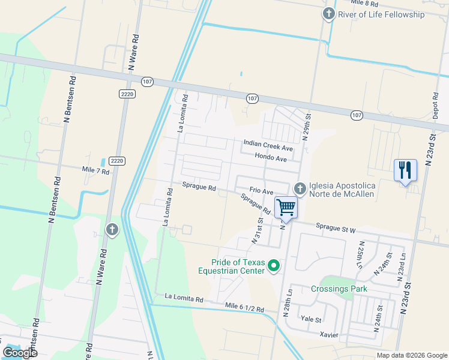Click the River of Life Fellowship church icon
click(x=328, y=14)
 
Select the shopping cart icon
click(x=286, y=208)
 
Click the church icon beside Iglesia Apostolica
click(x=300, y=188)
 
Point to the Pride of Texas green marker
click(x=274, y=265)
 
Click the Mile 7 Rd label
click(x=96, y=172)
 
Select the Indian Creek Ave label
click(x=268, y=145)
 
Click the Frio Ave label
click(x=261, y=190)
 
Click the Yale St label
click(x=312, y=320)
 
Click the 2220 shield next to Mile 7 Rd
click(x=117, y=161)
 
